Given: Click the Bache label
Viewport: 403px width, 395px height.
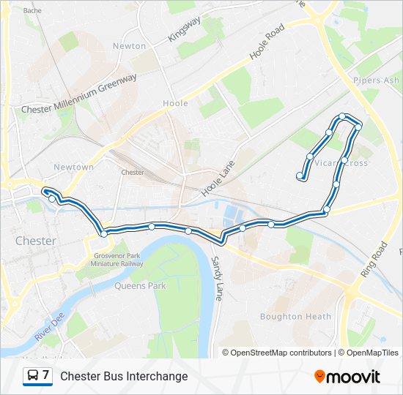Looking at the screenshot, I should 32,11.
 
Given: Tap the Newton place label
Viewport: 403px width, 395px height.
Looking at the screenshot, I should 129,45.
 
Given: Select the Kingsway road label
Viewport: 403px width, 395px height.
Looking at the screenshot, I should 184,28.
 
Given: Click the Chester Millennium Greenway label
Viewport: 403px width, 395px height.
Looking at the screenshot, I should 79,94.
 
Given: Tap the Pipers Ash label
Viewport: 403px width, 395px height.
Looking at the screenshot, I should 377,80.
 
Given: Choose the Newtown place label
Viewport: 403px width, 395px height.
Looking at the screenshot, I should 73,167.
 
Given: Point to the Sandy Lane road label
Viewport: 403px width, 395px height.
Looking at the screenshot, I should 216,279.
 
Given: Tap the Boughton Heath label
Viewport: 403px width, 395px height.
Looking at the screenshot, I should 291,317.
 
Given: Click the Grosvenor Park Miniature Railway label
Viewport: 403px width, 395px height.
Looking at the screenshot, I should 118,260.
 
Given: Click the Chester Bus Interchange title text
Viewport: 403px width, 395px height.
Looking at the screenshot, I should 124,377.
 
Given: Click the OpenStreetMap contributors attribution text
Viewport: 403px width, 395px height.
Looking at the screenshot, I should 281,353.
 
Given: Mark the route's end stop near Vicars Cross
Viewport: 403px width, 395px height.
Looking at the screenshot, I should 300,176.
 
